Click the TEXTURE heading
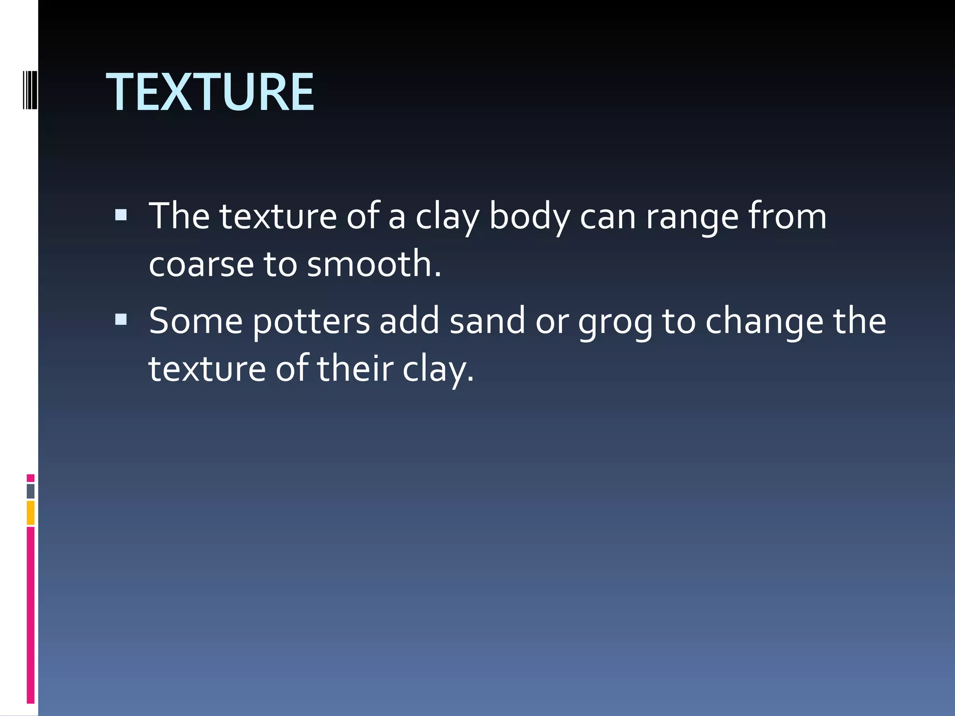click(x=210, y=92)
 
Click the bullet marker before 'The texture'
click(x=121, y=214)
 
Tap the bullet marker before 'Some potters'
click(x=121, y=319)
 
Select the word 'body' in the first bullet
click(x=529, y=217)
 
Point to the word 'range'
click(x=692, y=218)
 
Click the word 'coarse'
click(x=201, y=264)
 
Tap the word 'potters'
click(x=311, y=322)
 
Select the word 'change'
click(x=764, y=322)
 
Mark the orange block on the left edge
click(x=30, y=513)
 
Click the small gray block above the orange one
click(x=30, y=491)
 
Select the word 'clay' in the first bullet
click(x=447, y=218)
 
